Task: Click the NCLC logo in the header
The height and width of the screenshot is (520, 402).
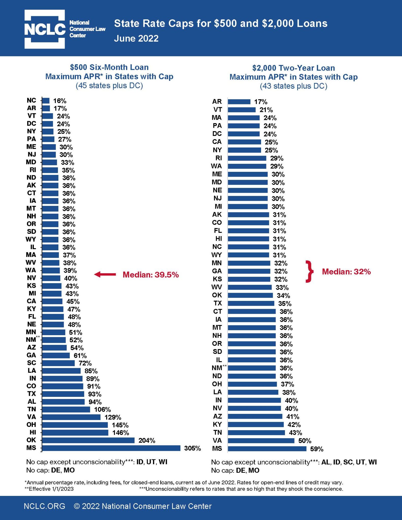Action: click(x=45, y=29)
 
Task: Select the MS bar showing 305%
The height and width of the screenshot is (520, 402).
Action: click(x=111, y=448)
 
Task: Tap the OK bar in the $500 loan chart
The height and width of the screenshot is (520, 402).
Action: click(x=88, y=440)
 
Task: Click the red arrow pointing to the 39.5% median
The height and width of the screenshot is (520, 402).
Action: click(x=105, y=274)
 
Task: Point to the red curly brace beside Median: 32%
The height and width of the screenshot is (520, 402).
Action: click(x=309, y=271)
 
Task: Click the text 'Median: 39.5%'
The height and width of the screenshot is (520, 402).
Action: click(x=151, y=274)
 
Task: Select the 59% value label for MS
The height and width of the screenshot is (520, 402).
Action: click(x=317, y=449)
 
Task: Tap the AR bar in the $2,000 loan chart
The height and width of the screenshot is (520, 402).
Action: click(x=239, y=102)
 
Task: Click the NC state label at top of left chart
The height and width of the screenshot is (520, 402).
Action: click(x=31, y=100)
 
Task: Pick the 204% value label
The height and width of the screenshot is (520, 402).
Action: click(x=147, y=440)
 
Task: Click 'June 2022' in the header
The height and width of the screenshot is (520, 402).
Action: click(x=136, y=38)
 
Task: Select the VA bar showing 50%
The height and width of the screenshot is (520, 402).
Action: click(x=261, y=441)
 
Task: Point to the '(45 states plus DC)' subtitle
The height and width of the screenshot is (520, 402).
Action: click(x=109, y=86)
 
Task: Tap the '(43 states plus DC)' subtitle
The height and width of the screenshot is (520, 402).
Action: click(x=293, y=86)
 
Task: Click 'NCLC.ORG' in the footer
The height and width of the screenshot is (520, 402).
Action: click(x=44, y=506)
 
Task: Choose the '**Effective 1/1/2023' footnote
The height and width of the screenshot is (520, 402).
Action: click(x=49, y=489)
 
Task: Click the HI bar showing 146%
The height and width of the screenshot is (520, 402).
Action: click(x=75, y=432)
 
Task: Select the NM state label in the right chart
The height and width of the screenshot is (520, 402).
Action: click(x=217, y=368)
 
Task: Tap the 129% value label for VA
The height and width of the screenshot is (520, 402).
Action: click(x=113, y=417)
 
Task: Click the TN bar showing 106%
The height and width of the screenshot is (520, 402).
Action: click(x=66, y=409)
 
